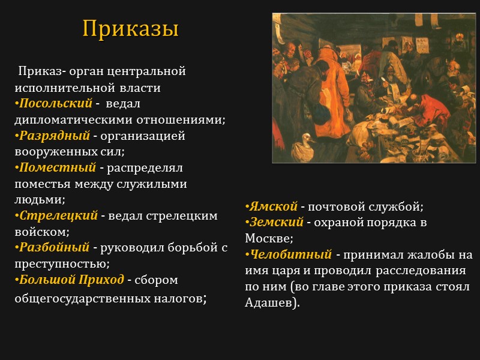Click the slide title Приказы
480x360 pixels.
tap(130, 28)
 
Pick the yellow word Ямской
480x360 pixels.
tap(273, 206)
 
